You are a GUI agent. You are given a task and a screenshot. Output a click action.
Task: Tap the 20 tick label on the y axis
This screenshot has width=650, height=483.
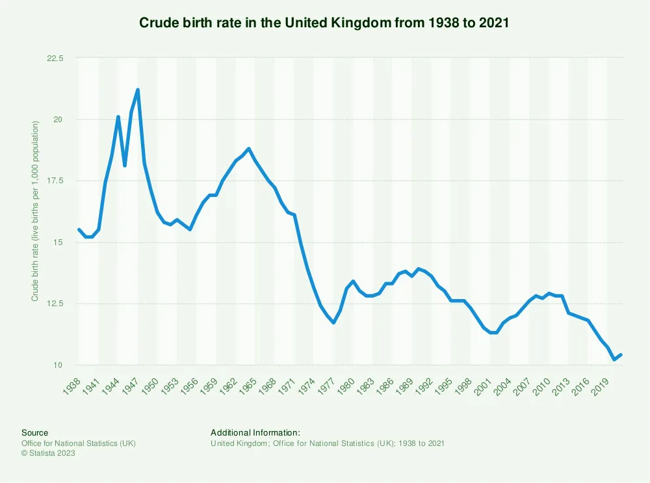coord(58,120)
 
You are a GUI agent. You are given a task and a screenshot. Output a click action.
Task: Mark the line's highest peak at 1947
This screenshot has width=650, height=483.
coord(138,90)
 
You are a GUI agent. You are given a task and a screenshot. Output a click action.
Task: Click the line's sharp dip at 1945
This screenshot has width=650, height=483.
coord(125,166)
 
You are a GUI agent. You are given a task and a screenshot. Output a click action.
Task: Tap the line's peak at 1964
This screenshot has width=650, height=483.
coord(249,149)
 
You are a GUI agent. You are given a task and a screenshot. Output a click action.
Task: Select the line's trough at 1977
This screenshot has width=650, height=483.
coord(333,322)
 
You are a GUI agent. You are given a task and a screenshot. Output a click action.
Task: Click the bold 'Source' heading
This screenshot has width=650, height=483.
coord(34,432)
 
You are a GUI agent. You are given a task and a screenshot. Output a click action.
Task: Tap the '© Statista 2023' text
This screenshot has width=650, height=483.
coord(48,453)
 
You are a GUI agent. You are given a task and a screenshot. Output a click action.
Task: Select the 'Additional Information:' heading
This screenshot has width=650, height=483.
coord(255,432)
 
